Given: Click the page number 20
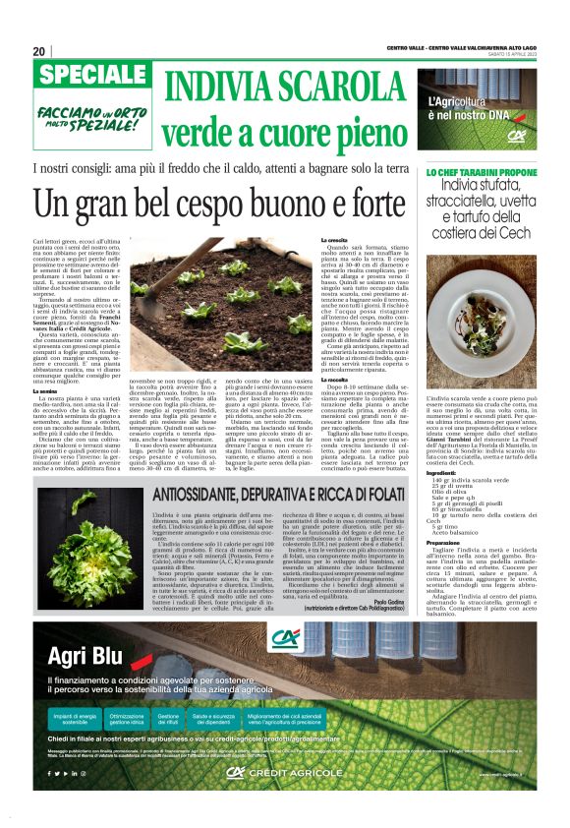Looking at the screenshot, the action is (39, 51).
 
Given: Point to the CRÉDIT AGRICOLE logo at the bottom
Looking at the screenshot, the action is (270, 800).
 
